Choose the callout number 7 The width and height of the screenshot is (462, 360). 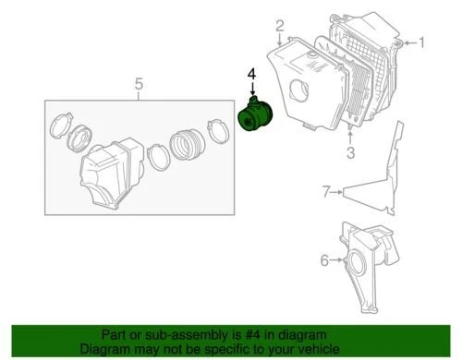pyautogui.click(x=325, y=192)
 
